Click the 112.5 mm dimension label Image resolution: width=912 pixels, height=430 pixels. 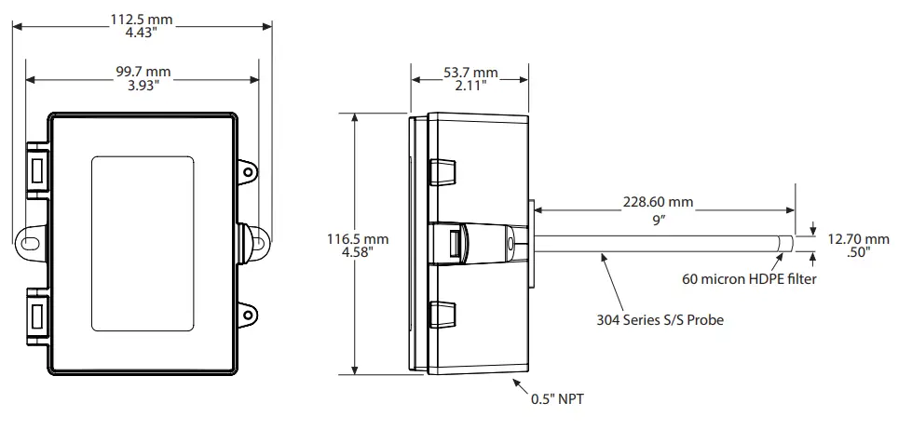tap(142, 20)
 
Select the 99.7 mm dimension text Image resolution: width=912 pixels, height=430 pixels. tap(142, 71)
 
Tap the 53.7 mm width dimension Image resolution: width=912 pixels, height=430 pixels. tap(470, 74)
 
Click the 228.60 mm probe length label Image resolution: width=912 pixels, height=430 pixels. tap(659, 201)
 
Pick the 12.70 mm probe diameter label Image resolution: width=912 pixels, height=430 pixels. tap(858, 239)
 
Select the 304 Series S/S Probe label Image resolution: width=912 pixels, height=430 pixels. tap(660, 319)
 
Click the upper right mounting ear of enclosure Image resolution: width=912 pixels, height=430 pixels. tap(249, 170)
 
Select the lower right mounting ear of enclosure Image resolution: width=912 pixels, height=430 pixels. tap(249, 308)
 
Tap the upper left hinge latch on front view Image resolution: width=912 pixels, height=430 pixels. tap(37, 170)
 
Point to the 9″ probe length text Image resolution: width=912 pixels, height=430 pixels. tap(659, 220)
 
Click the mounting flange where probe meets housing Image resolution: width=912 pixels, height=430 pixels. tap(531, 244)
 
